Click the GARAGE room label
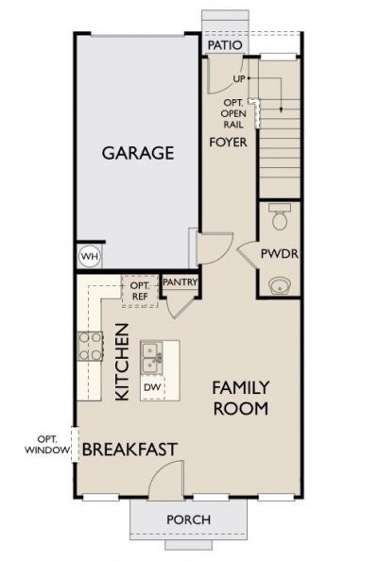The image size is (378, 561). [x=138, y=152]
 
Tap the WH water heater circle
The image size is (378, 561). [x=89, y=256]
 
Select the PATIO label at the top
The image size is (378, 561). [x=224, y=44]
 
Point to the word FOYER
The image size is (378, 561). [x=228, y=142]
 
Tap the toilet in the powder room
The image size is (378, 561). [x=279, y=218]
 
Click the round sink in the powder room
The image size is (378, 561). [x=280, y=284]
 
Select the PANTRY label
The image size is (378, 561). [x=179, y=281]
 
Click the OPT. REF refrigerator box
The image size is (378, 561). [x=140, y=290]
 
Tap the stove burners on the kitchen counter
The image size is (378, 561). [x=90, y=346]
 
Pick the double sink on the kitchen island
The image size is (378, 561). [x=151, y=358]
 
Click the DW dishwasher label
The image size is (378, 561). [x=151, y=387]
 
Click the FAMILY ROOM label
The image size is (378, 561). [x=240, y=398]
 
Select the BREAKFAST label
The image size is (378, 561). [x=129, y=450]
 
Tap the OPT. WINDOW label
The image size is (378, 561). [x=47, y=445]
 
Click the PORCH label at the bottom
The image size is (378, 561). [x=188, y=519]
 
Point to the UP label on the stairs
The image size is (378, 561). [x=239, y=79]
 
